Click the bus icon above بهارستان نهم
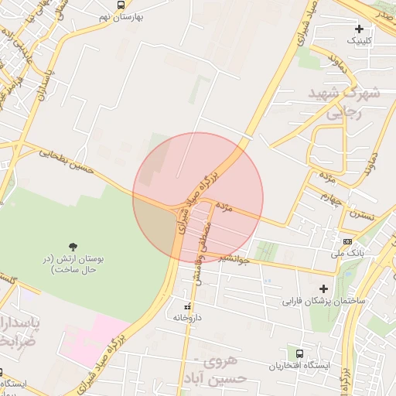[121, 5]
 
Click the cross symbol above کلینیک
[359, 29]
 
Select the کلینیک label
[359, 40]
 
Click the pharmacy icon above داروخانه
[186, 306]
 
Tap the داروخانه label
[186, 318]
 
